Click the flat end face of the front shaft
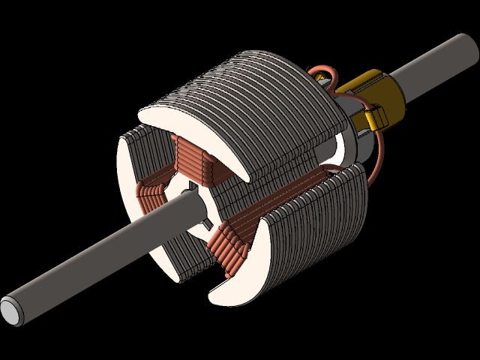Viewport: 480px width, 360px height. coord(10,308)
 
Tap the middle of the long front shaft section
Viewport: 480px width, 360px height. coord(90,261)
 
